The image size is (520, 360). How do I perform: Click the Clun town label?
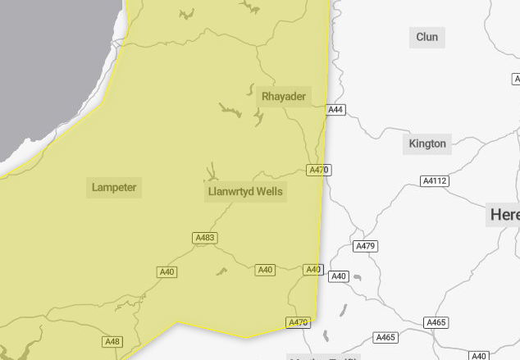click(x=427, y=37)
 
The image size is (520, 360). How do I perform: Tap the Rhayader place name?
click(x=284, y=97)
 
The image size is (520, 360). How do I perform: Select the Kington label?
click(x=427, y=144)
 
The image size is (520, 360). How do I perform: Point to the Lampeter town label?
click(x=114, y=188)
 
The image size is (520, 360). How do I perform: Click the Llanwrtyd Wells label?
click(x=245, y=192)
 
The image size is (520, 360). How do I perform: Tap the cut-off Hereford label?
click(x=504, y=215)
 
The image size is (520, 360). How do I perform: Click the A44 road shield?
click(x=335, y=110)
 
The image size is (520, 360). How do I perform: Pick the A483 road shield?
click(x=205, y=238)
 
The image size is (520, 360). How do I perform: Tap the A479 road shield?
click(x=365, y=246)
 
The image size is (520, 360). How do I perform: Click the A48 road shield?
click(x=112, y=341)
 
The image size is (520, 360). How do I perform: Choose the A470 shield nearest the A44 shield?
click(x=318, y=171)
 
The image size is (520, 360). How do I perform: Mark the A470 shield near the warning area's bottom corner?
click(x=299, y=322)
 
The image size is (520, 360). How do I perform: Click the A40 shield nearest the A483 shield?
click(x=167, y=271)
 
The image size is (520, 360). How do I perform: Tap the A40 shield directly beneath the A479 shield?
click(x=339, y=276)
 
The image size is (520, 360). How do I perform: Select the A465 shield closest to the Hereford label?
click(x=436, y=322)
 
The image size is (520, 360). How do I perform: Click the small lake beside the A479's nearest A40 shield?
click(x=356, y=278)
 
